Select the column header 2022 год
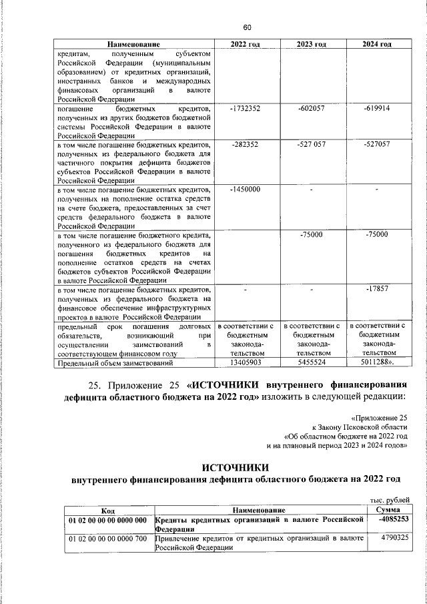245,44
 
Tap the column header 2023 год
312,44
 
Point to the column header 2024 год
377,44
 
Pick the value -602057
312,108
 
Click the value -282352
245,144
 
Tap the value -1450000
245,190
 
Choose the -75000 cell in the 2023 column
312,235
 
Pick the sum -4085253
392,519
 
